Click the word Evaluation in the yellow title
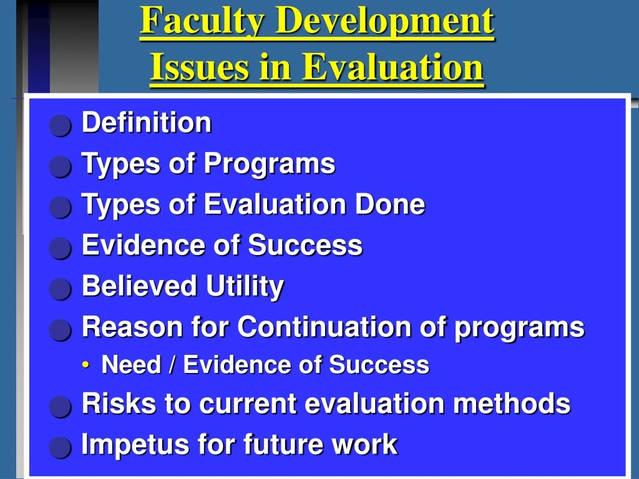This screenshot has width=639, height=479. [393, 67]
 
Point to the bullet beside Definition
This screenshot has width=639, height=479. [61, 126]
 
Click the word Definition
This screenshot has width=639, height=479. [147, 123]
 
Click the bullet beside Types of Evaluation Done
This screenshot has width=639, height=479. [61, 208]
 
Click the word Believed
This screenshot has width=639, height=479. [139, 286]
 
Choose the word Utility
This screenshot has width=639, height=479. [245, 287]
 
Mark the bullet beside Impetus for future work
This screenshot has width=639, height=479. [61, 448]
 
